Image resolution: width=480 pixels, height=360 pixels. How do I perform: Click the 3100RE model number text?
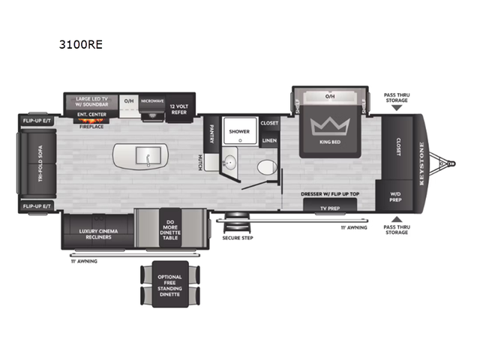(80, 44)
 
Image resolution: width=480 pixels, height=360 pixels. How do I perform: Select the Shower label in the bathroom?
(239, 130)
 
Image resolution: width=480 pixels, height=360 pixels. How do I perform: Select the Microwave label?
(151, 100)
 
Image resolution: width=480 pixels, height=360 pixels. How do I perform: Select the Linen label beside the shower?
(268, 139)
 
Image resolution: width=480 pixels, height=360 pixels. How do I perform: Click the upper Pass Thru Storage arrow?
(395, 107)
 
